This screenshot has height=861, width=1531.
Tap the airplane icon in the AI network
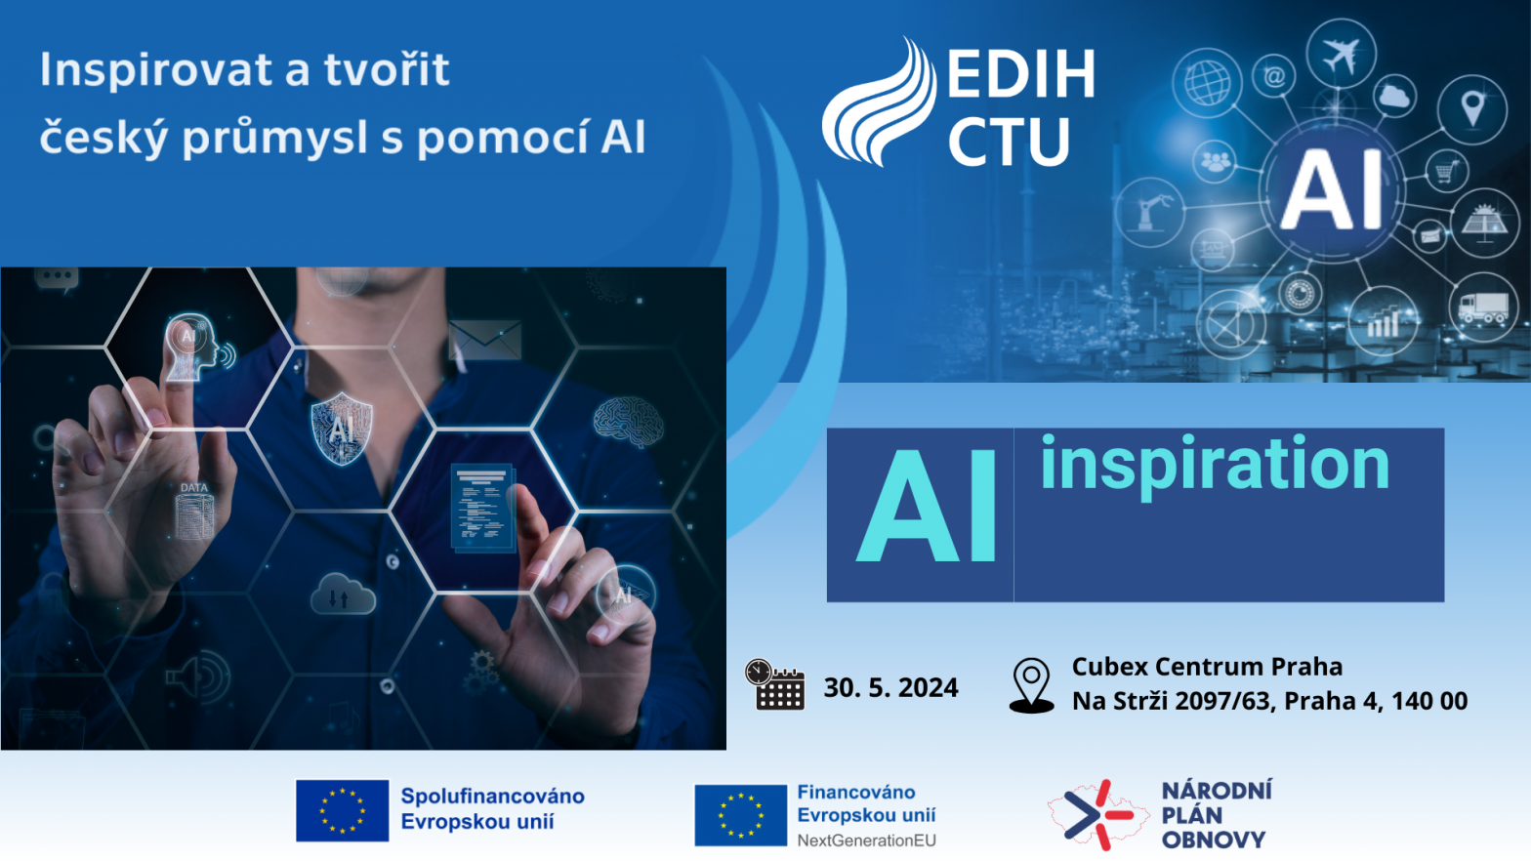[x=1341, y=54]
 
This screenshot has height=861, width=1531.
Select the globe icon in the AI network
[x=1208, y=83]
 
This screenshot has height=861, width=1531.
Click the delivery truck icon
[x=1483, y=307]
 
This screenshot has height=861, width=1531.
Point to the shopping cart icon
[x=1446, y=171]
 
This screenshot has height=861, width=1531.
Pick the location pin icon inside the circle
[x=1472, y=108]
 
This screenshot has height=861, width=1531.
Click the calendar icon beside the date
[x=775, y=684]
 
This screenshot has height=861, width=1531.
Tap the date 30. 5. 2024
[x=890, y=687]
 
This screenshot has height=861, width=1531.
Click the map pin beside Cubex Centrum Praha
[x=1031, y=686]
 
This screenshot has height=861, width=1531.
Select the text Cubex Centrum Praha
[x=1207, y=666]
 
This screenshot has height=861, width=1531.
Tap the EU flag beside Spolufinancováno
[x=343, y=810]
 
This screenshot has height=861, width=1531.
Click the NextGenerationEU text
[x=867, y=840]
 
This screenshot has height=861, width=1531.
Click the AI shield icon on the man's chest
[x=342, y=429]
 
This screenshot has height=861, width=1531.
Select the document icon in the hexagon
[x=483, y=508]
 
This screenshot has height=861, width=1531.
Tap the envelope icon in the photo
[x=485, y=340]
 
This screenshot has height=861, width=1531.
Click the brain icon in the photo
[x=629, y=422]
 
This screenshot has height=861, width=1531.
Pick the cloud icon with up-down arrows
[x=343, y=594]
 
